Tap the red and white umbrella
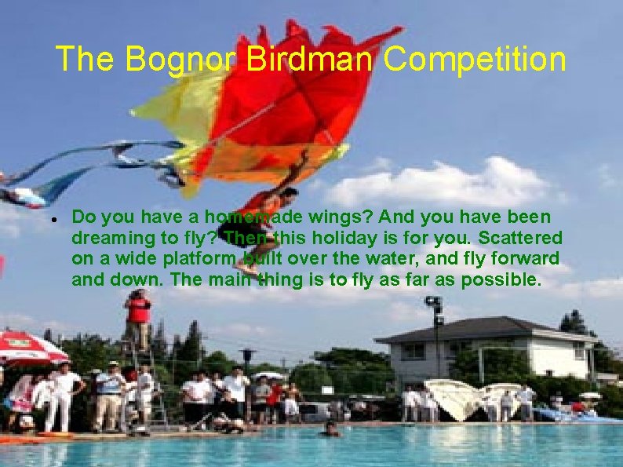point(30,348)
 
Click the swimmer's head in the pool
point(330,429)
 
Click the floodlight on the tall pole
point(434,302)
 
